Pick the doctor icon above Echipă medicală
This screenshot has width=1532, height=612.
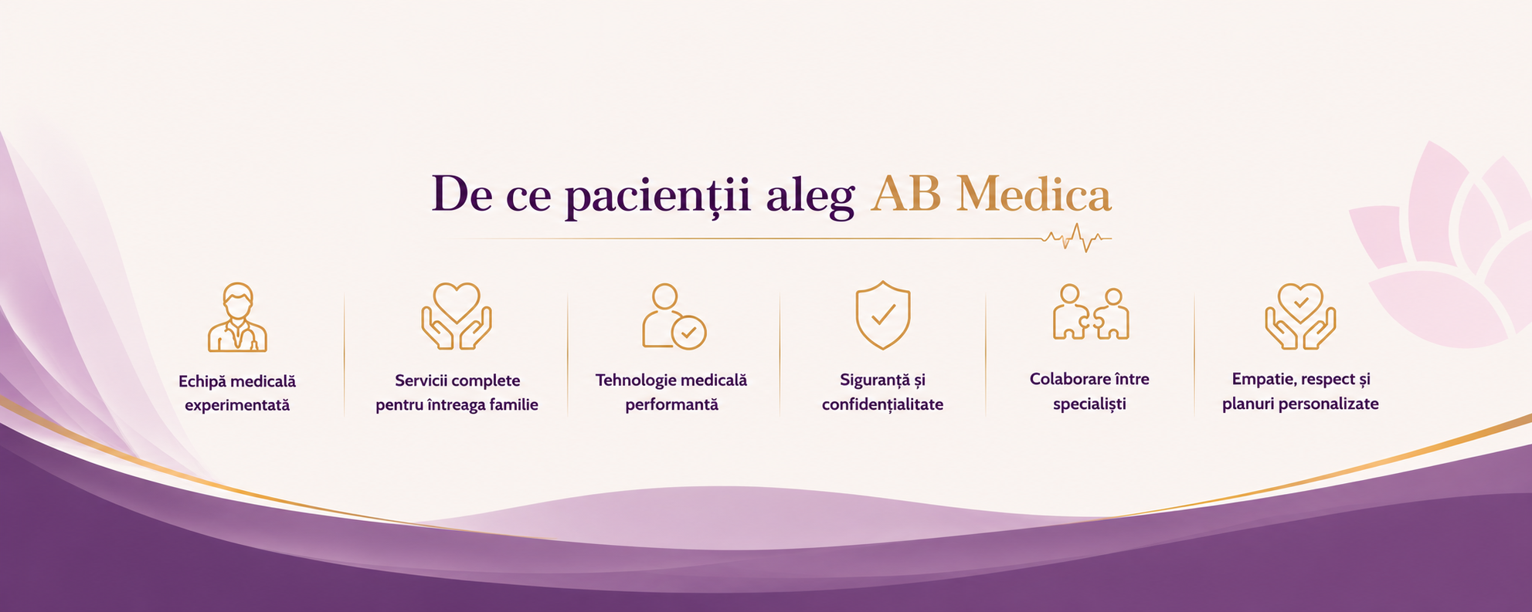click(x=237, y=317)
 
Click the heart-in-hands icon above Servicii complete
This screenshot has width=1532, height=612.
click(x=457, y=316)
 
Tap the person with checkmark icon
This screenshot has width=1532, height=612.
click(x=674, y=317)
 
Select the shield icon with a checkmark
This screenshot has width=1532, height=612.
click(x=883, y=315)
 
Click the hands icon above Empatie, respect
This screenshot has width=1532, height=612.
click(x=1300, y=316)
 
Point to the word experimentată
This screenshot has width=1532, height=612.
click(x=237, y=405)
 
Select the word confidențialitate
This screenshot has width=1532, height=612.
click(x=882, y=404)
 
